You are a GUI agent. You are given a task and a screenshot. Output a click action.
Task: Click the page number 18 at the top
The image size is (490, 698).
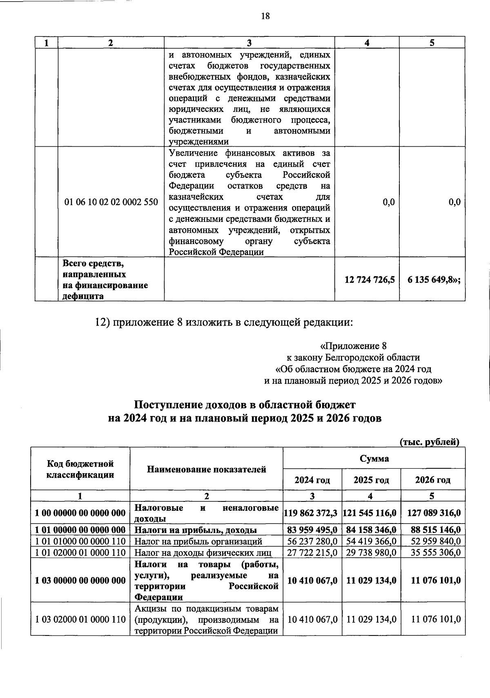tap(265, 16)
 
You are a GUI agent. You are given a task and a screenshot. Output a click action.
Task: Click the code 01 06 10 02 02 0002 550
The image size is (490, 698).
tap(111, 202)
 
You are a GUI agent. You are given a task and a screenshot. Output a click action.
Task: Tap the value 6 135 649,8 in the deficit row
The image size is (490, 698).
tap(434, 280)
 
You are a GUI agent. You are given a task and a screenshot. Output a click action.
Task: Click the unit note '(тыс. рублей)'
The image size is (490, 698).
tap(429, 442)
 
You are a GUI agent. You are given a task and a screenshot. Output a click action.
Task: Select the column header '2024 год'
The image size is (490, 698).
tap(312, 480)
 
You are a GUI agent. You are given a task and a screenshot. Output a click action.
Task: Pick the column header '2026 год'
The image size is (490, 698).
tap(432, 480)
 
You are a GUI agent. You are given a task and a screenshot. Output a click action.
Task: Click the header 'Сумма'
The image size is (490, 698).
tap(374, 459)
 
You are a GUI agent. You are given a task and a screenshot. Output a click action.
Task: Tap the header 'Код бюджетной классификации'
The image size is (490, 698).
tap(80, 469)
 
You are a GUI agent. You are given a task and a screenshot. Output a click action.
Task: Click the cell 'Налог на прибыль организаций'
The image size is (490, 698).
tap(198, 541)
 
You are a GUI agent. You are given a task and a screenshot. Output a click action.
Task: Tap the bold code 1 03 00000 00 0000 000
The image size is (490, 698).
tap(80, 580)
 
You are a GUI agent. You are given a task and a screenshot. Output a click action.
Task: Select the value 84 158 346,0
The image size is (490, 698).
tap(371, 530)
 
